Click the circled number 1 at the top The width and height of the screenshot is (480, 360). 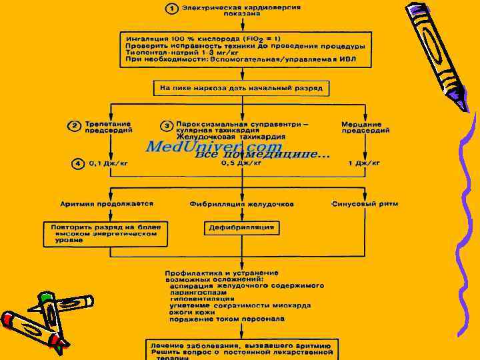[x=172, y=9]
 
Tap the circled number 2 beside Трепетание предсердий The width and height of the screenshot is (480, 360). [x=76, y=126]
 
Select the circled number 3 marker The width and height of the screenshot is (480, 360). [x=167, y=126]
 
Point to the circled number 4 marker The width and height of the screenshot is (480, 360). [x=78, y=163]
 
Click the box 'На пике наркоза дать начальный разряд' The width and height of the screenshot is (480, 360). [x=242, y=88]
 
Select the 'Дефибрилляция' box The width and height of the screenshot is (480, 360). [x=242, y=228]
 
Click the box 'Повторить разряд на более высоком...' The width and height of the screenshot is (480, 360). [x=106, y=233]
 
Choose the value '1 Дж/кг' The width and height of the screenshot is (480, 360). [x=364, y=163]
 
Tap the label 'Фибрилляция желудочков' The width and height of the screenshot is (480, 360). [x=241, y=204]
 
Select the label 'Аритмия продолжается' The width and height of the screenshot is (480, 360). [x=107, y=203]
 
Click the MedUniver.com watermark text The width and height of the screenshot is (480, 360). [x=213, y=147]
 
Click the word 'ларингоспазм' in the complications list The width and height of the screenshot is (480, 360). [x=198, y=292]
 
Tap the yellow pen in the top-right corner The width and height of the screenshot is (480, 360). [x=437, y=50]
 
